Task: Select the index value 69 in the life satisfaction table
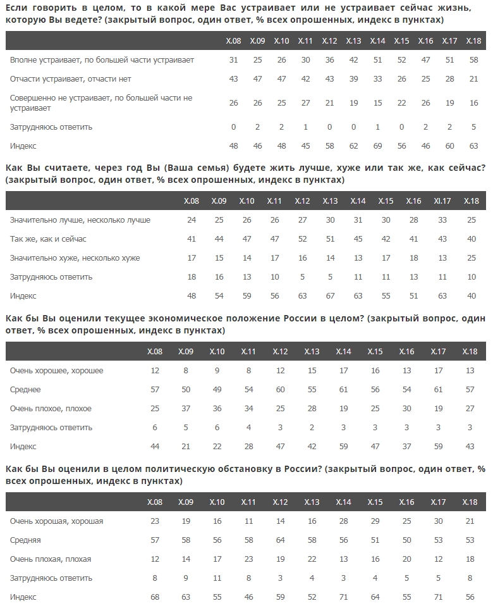coord(377,146)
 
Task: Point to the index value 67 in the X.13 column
coord(330,296)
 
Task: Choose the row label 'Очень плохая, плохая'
coord(51,559)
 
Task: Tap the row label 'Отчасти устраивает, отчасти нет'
coord(71,79)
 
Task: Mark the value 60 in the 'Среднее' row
coord(281,390)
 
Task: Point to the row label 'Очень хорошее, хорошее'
coord(57,371)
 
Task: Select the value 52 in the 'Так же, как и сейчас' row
coord(302,239)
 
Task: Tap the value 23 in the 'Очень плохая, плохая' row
coord(249,559)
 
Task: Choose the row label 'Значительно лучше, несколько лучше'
coord(80,220)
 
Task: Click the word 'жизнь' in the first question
coord(470,8)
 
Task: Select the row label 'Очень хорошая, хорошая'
coord(57,521)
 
